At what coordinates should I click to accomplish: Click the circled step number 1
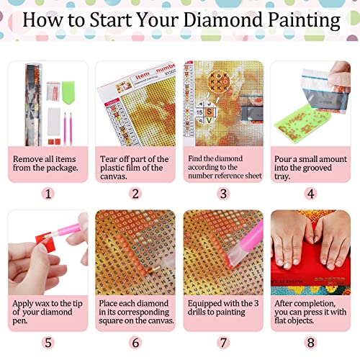tap(48, 193)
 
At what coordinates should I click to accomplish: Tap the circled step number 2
tap(135, 193)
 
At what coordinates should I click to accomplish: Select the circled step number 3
tap(223, 193)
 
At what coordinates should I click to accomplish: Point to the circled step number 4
tap(311, 193)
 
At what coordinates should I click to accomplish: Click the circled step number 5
tap(48, 342)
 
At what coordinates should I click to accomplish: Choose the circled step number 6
tap(135, 342)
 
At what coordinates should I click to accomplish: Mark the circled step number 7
tap(223, 342)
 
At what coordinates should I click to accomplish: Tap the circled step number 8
tap(311, 342)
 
